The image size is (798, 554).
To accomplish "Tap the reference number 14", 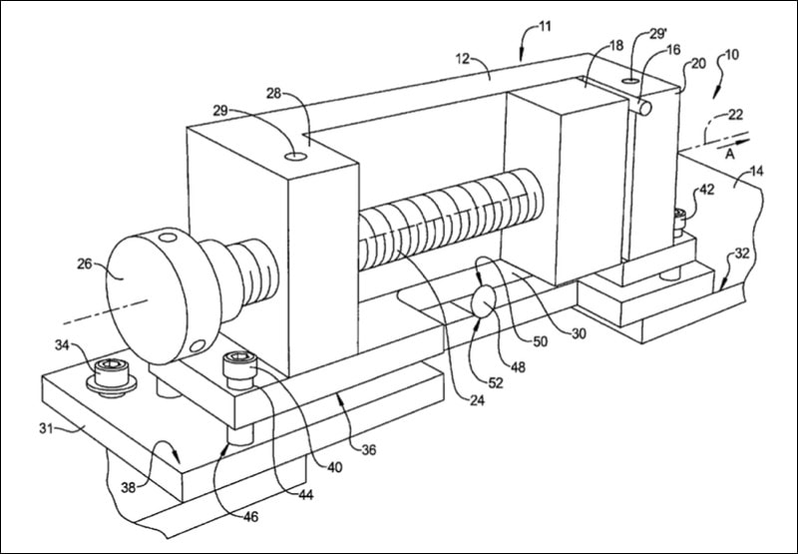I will pyautogui.click(x=757, y=172).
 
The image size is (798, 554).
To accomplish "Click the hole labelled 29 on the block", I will pyautogui.click(x=296, y=157).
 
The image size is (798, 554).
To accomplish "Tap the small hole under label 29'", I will pyautogui.click(x=631, y=79).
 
